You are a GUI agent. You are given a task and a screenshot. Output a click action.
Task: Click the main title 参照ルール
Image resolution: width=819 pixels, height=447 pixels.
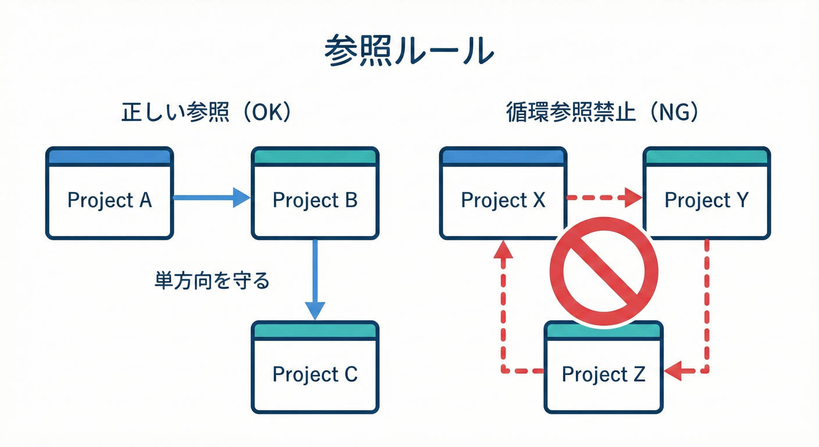(409, 51)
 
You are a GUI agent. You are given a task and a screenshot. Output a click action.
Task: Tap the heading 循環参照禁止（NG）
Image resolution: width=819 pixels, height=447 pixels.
(603, 113)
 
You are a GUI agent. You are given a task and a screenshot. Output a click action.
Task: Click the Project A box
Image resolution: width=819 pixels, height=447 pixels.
(109, 201)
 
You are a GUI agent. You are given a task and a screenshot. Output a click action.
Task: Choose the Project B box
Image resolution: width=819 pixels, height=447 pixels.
(315, 201)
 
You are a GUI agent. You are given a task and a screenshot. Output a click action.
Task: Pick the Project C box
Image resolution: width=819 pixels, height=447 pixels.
(315, 374)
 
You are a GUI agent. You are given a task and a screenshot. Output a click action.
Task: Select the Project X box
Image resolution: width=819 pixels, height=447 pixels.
(503, 201)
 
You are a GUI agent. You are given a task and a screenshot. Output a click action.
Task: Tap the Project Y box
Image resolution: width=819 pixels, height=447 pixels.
(706, 201)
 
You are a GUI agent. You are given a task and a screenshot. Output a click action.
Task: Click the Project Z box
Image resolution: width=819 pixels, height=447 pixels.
(603, 374)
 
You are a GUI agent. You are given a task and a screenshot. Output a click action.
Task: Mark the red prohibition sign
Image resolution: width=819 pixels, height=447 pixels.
(603, 271)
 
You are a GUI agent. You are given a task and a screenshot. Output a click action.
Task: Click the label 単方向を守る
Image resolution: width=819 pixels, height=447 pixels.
(212, 281)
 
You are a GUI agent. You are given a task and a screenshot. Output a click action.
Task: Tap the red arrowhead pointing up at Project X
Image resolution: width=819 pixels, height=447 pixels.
(504, 249)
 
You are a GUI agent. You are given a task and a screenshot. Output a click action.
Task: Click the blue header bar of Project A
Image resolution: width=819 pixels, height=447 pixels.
(109, 157)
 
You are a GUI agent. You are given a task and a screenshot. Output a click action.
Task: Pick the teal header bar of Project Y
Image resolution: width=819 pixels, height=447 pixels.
(706, 157)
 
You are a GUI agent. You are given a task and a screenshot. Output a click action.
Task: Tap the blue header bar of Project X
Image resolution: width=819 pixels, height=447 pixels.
(503, 157)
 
